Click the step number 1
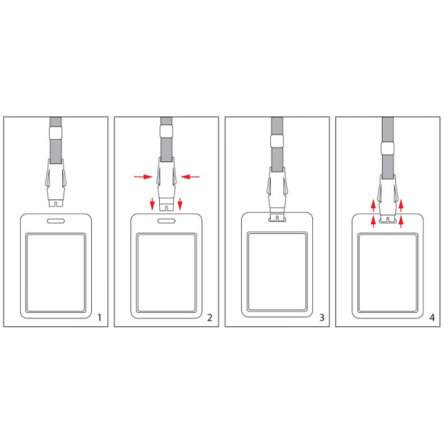point(99,317)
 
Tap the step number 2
point(209,317)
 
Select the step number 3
point(322,317)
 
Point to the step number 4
point(432,317)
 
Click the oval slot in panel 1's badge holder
point(55,221)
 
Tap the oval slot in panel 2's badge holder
point(166,221)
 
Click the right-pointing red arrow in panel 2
point(144,177)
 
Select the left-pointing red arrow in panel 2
point(190,177)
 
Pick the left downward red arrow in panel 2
point(152,204)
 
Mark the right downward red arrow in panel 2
point(180,204)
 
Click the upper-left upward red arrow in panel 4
point(374,206)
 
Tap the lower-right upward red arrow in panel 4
point(400,221)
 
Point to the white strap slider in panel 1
point(55,132)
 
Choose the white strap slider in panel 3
point(277,141)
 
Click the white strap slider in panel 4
point(387,149)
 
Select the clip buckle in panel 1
point(55,183)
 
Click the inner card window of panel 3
point(277,272)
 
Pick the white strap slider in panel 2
point(166,132)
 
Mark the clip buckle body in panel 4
point(387,199)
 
